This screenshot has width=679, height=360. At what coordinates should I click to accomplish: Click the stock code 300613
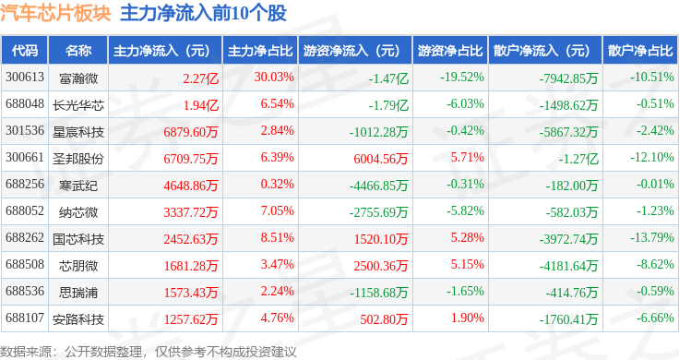[x=25, y=78]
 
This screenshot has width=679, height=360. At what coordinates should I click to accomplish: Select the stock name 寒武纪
[x=78, y=186]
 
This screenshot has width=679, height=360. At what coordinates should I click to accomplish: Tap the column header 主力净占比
[x=260, y=51]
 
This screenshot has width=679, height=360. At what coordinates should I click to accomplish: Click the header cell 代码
[x=25, y=51]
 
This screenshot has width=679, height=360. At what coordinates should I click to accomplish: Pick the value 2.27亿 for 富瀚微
[x=200, y=78]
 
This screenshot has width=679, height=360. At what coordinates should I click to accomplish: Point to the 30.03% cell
[x=274, y=78]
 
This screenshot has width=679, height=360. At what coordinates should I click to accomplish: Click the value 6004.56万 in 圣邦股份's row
[x=381, y=159]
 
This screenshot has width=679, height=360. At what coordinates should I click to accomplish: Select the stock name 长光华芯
[x=78, y=105]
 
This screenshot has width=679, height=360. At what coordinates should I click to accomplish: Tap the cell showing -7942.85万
[x=568, y=78]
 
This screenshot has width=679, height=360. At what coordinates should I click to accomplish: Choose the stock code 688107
[x=25, y=318]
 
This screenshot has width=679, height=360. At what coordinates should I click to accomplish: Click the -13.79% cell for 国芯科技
[x=652, y=238]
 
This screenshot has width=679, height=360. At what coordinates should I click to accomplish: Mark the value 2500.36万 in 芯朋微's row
[x=381, y=266]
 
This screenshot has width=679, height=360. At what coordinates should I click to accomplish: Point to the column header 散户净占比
[x=640, y=51]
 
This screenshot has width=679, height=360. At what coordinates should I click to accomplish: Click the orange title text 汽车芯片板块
[x=56, y=14]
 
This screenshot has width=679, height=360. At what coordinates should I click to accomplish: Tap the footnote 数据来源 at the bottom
[x=25, y=352]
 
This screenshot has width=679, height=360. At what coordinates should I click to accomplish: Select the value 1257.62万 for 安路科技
[x=191, y=319]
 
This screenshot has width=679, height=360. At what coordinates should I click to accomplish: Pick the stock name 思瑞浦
[x=78, y=293]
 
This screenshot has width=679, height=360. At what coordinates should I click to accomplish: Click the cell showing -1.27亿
[x=578, y=159]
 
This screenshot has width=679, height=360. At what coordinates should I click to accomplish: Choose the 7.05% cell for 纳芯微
[x=277, y=211]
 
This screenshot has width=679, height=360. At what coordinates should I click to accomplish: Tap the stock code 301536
[x=25, y=130]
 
